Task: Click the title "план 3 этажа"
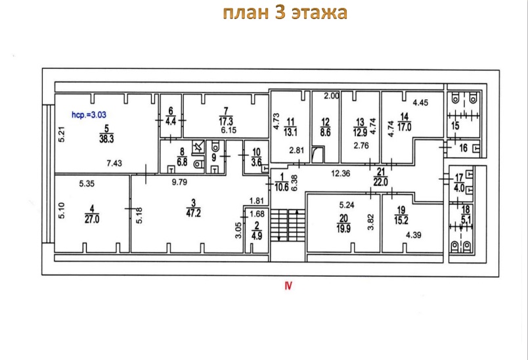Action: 285,12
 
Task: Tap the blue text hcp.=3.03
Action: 89,115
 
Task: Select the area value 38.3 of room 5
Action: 106,139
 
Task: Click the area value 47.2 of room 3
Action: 193,213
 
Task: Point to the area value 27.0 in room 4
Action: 92,219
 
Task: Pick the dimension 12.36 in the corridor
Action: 340,173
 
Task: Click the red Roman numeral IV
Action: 288,286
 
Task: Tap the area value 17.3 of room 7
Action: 226,122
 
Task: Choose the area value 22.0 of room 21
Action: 380,182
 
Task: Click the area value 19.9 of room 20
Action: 343,229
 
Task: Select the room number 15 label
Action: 455,126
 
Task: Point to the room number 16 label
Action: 464,148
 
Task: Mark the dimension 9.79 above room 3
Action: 179,182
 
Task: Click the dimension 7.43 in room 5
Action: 114,164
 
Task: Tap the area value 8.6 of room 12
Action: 325,132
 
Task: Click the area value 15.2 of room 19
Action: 401,220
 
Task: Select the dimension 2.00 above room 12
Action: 332,96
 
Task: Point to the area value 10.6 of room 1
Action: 282,187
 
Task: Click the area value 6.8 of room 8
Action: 182,162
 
